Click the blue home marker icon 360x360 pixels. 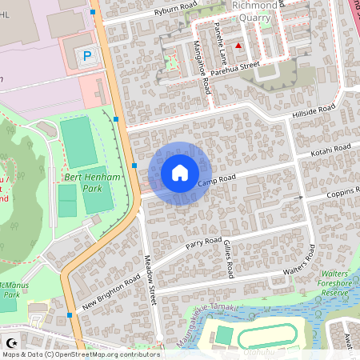click(x=180, y=173)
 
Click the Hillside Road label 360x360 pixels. click(x=315, y=111)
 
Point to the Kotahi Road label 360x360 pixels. click(x=331, y=150)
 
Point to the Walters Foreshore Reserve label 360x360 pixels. click(x=336, y=282)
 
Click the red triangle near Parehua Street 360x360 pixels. click(x=238, y=46)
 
